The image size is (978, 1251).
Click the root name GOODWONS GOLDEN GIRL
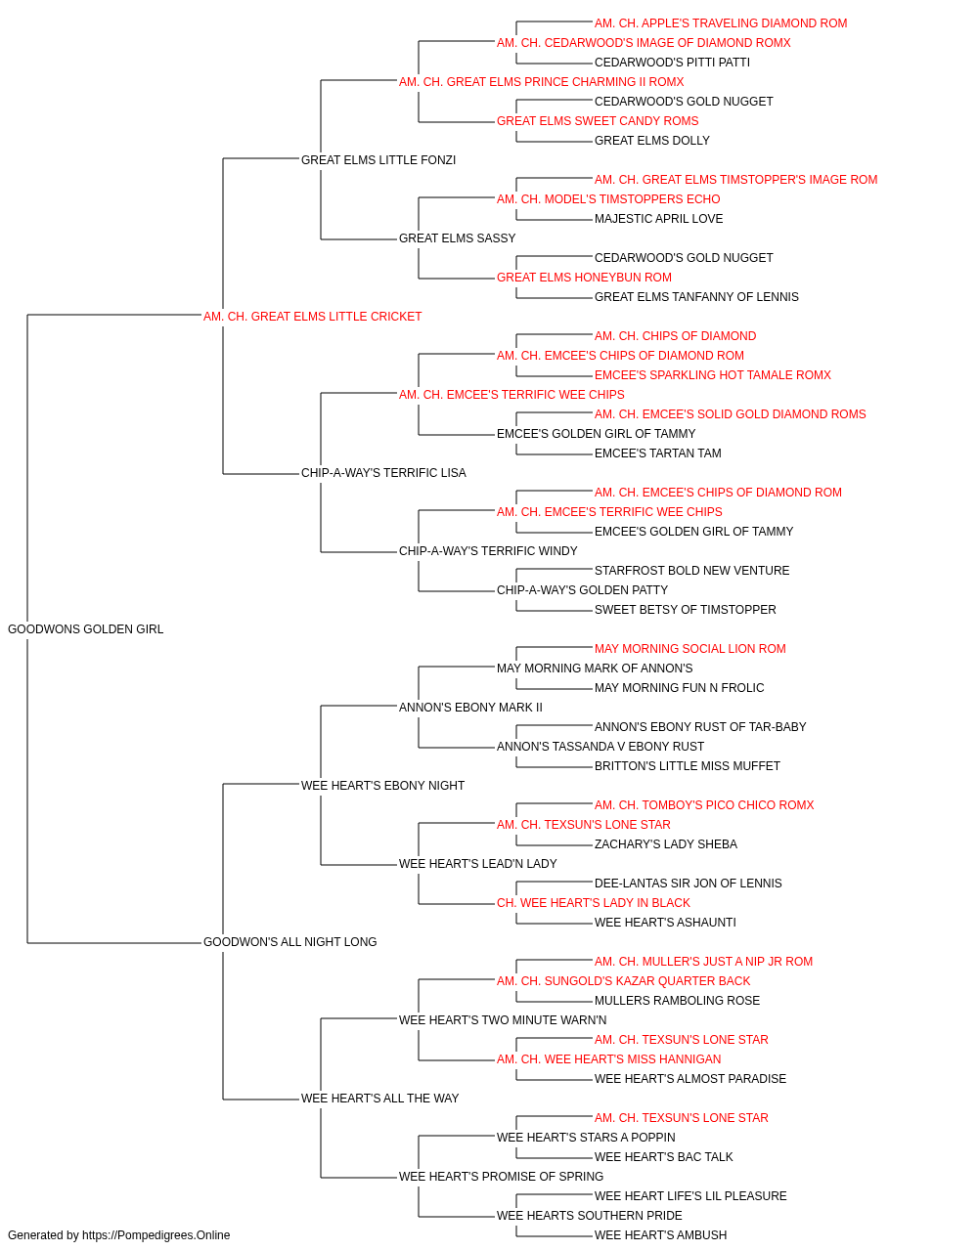pos(85,629)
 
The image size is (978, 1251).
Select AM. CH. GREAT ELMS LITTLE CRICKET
pos(312,317)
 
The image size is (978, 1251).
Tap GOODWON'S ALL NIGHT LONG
pos(289,942)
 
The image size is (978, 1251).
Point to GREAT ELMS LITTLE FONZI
pos(378,160)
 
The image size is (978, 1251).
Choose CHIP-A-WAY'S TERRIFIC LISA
pos(383,473)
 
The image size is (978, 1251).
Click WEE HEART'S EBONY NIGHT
pos(382,785)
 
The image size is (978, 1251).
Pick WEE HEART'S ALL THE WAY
pos(379,1098)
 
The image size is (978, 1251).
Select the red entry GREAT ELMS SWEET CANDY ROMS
pos(598,121)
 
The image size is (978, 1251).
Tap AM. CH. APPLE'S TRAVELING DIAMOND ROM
pos(721,23)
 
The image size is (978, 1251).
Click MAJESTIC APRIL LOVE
pos(658,219)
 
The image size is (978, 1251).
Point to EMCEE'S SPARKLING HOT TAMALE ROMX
pos(713,374)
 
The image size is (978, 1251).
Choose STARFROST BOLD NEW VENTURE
pos(691,571)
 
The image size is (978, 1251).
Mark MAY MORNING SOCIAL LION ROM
pos(690,649)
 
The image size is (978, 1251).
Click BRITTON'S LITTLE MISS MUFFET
pos(688,765)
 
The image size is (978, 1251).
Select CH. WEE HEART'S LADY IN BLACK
pos(594,903)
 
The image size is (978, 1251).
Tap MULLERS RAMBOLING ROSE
pos(677,1001)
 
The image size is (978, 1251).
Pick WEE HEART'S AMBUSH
pos(660,1235)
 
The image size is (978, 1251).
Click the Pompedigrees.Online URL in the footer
pos(156,1235)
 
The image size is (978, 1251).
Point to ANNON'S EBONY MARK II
pos(470,708)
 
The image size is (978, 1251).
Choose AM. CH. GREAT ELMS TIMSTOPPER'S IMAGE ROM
pos(735,180)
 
